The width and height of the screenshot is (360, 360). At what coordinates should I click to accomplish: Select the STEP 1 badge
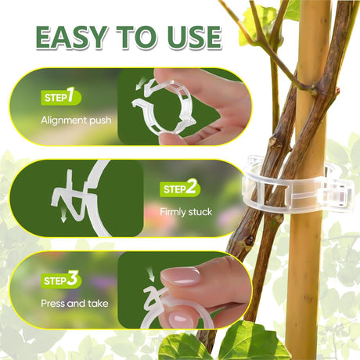tap(61, 96)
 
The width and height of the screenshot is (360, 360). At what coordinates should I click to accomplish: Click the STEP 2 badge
tap(180, 188)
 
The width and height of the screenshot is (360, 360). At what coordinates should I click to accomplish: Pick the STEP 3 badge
tap(61, 279)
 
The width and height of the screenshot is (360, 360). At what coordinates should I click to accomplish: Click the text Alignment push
tap(76, 121)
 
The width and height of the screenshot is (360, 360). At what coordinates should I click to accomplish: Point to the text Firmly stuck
tap(186, 211)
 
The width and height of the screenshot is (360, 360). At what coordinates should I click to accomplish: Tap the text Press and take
tap(74, 304)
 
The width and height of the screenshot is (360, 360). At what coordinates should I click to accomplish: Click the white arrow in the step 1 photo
tap(140, 85)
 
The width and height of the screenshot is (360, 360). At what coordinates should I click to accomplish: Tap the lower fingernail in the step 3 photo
tap(180, 319)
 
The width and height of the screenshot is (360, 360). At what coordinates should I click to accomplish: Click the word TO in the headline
tap(138, 37)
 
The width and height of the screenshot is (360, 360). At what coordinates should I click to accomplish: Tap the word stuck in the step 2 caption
tap(200, 211)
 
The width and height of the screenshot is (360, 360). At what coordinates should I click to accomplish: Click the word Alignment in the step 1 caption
tap(63, 121)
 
